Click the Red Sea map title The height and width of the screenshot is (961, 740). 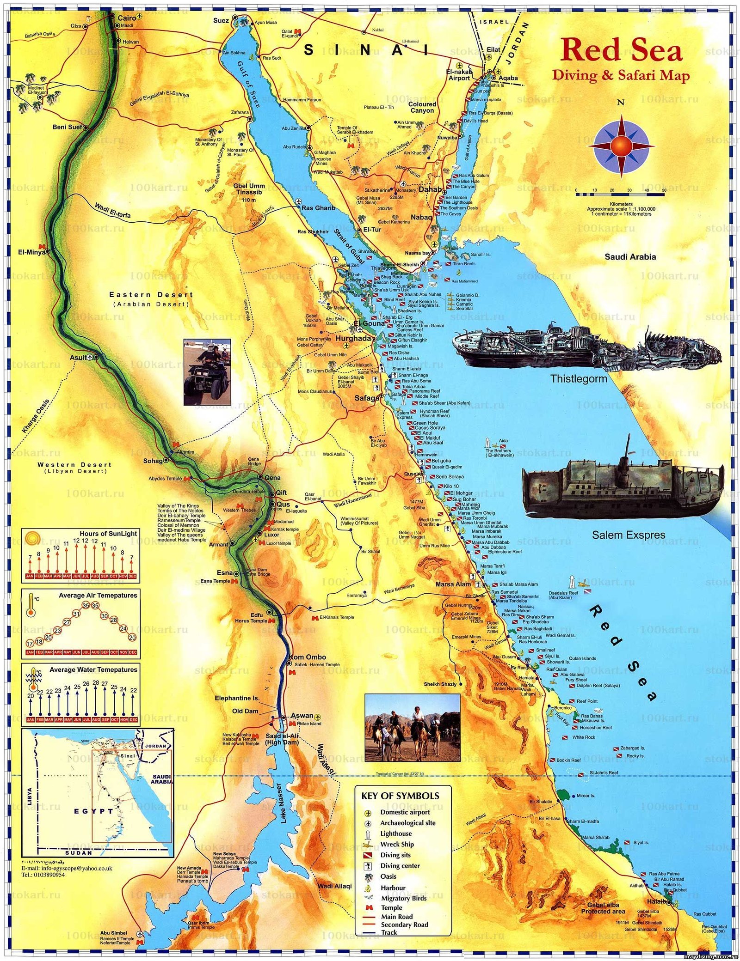click(x=621, y=50)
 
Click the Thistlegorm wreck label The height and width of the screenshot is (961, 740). click(x=578, y=379)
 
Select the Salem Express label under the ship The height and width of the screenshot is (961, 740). click(x=628, y=535)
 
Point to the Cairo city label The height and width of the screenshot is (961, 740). click(x=127, y=18)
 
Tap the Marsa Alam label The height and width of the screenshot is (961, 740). click(x=453, y=584)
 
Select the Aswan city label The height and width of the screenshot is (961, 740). click(x=302, y=716)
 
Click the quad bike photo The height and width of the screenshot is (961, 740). click(x=207, y=372)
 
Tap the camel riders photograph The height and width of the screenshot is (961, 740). click(x=412, y=727)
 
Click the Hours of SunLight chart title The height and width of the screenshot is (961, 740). click(x=108, y=533)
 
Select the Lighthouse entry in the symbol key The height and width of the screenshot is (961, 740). click(x=395, y=833)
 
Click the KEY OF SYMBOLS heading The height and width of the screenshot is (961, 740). click(x=400, y=796)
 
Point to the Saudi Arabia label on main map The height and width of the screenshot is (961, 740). click(x=630, y=257)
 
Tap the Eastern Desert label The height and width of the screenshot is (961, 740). click(x=151, y=295)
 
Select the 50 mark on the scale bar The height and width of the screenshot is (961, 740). click(x=664, y=190)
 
